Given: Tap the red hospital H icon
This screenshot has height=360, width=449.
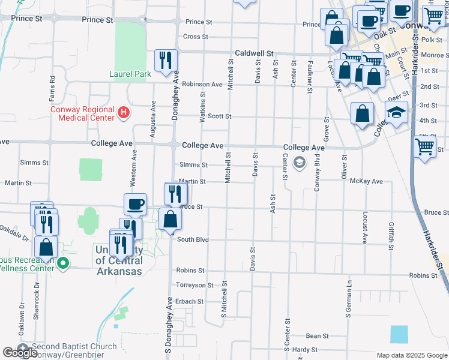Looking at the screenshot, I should tap(123, 112).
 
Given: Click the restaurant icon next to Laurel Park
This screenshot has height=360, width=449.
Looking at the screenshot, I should tap(166, 61).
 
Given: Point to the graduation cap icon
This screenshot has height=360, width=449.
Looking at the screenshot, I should tap(396, 112).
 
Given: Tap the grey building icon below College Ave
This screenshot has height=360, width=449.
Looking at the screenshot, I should tap(298, 163).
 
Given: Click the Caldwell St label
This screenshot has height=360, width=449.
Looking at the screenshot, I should tap(254, 53).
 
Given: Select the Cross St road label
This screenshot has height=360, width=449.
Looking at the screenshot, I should tap(195, 37).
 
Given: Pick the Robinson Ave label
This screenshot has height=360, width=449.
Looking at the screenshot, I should tap(203, 85).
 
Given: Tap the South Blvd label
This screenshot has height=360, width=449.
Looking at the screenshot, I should tap(193, 240).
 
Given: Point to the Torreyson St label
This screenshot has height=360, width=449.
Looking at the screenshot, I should tap(194, 285).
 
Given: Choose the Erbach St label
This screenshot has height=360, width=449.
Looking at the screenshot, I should tap(189, 301).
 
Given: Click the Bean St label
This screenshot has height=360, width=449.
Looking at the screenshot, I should tap(318, 336).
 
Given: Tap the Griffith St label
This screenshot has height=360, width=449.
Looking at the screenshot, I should tap(391, 236).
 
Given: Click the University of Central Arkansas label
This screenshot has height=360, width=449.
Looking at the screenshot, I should tap(119, 261).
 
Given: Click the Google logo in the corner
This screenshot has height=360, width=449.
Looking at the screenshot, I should tap(20, 353).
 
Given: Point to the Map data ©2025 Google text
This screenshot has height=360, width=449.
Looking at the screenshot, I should tap(411, 355).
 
